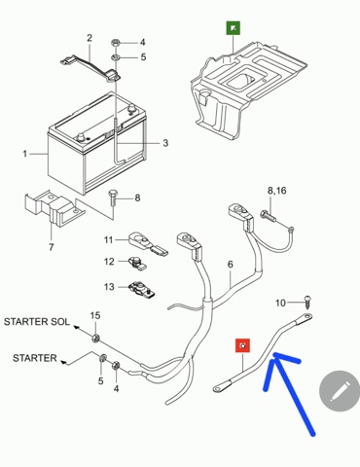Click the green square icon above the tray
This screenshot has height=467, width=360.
pyautogui.click(x=234, y=28)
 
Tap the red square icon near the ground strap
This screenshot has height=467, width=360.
pyautogui.click(x=243, y=345)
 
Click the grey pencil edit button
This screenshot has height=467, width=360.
pyautogui.click(x=340, y=390)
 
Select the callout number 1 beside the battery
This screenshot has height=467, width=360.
pyautogui.click(x=25, y=154)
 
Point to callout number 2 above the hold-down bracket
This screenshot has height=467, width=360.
pyautogui.click(x=90, y=38)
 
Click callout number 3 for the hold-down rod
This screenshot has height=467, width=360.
pyautogui.click(x=165, y=143)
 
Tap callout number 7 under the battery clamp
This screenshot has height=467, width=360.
pyautogui.click(x=51, y=247)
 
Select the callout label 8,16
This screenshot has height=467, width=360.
pyautogui.click(x=277, y=191)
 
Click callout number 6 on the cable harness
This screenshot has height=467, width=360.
pyautogui.click(x=230, y=265)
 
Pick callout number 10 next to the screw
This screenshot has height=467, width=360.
pyautogui.click(x=280, y=303)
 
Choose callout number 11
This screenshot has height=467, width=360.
pyautogui.click(x=108, y=240)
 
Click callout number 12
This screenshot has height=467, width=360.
pyautogui.click(x=109, y=262)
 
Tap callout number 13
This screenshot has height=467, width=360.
pyautogui.click(x=109, y=287)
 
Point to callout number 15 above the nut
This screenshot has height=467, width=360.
pyautogui.click(x=95, y=315)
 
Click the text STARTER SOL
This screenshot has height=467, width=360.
pyautogui.click(x=37, y=322)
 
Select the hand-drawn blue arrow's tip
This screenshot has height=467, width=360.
pyautogui.click(x=274, y=354)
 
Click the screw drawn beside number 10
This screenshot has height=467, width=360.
pyautogui.click(x=307, y=302)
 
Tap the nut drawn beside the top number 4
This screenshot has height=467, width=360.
pyautogui.click(x=116, y=42)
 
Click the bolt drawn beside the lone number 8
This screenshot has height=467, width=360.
pyautogui.click(x=113, y=197)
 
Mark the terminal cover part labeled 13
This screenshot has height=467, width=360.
pyautogui.click(x=142, y=289)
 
